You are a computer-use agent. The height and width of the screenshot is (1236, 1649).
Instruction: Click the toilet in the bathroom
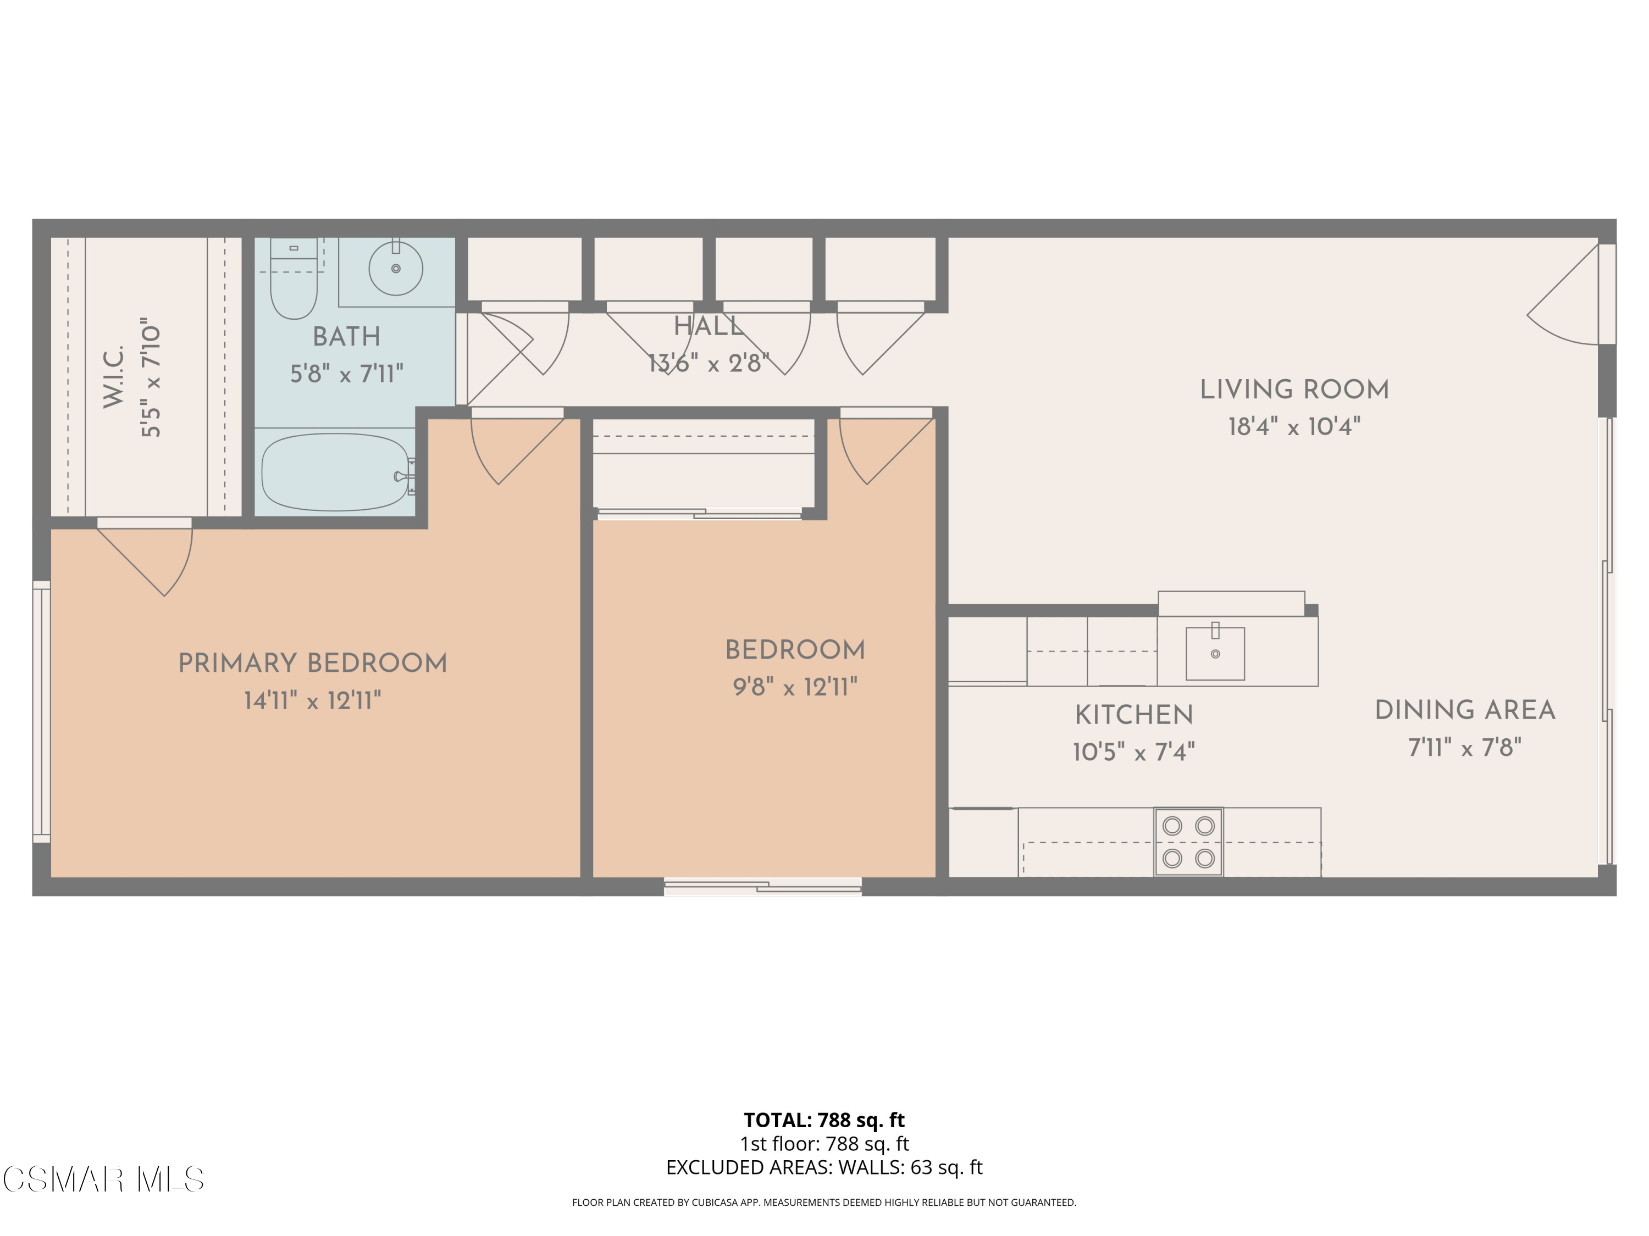pyautogui.click(x=293, y=283)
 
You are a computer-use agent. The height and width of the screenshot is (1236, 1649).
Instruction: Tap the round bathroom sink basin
pyautogui.click(x=396, y=268)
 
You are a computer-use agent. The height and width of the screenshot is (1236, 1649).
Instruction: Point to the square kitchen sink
pyautogui.click(x=1215, y=653)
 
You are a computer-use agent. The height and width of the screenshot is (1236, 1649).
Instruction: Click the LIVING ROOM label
pyautogui.click(x=1294, y=389)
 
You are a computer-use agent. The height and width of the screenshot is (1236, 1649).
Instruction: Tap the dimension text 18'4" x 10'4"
pyautogui.click(x=1294, y=427)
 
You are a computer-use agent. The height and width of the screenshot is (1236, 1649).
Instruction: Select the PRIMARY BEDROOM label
pyautogui.click(x=312, y=663)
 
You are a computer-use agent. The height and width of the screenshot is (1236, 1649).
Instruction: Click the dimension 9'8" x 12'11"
pyautogui.click(x=795, y=687)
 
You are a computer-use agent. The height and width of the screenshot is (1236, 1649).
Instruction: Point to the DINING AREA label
pyautogui.click(x=1465, y=710)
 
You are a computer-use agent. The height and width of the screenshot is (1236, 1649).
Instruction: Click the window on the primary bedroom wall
pyautogui.click(x=42, y=711)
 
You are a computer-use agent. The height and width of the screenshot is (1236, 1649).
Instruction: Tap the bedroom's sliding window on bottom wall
pyautogui.click(x=762, y=886)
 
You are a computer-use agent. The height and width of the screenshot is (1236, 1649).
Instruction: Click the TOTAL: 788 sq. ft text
pyautogui.click(x=824, y=1120)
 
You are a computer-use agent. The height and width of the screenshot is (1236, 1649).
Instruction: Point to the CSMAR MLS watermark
pyautogui.click(x=103, y=1179)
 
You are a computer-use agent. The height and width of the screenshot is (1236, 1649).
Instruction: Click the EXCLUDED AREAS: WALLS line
pyautogui.click(x=824, y=1167)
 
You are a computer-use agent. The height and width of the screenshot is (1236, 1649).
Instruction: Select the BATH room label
pyautogui.click(x=346, y=337)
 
